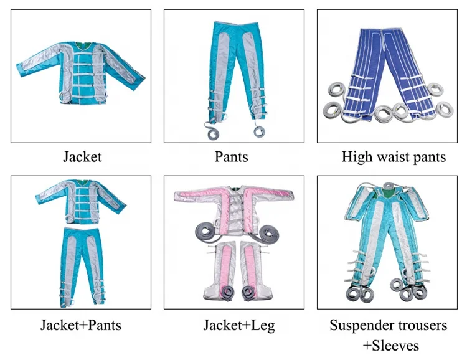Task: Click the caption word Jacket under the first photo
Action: click(x=82, y=156)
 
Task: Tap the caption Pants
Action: click(x=230, y=156)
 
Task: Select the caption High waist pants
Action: click(x=394, y=156)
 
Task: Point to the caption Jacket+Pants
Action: click(x=81, y=324)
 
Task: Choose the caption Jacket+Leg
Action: click(x=230, y=324)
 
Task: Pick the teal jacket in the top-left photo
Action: click(x=81, y=72)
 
